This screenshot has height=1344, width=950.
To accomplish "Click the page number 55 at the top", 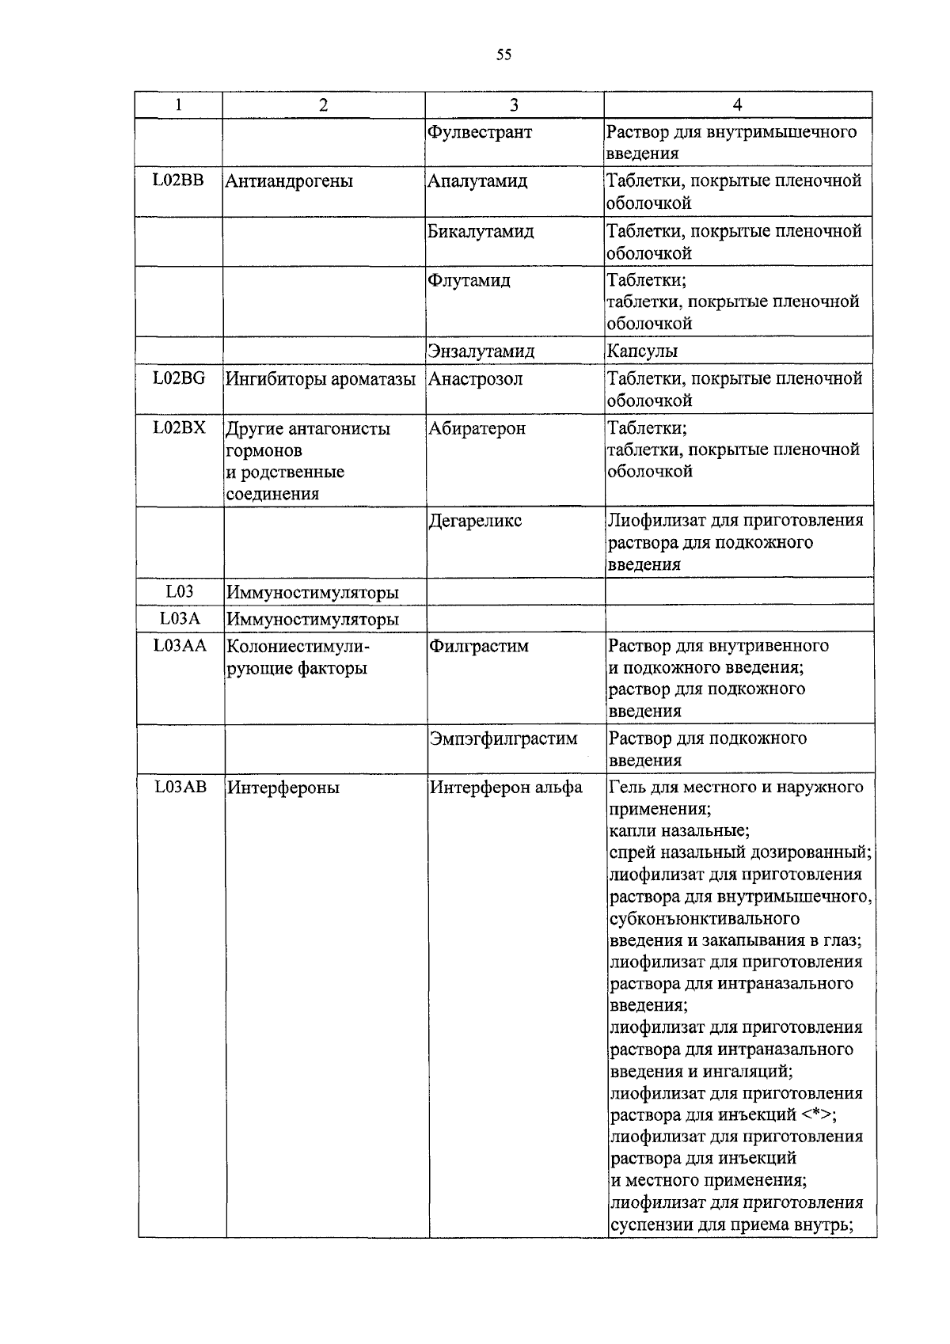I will [503, 55].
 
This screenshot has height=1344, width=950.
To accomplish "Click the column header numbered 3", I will [515, 105].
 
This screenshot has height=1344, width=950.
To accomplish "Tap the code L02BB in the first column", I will [178, 180].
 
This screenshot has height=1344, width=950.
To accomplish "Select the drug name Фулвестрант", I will [480, 132].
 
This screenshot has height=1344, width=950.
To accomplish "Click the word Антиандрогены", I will [289, 181].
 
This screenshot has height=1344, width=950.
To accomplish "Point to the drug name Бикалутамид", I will [481, 232].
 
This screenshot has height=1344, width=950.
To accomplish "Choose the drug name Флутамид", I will [469, 281].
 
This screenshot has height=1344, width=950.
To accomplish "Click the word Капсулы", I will [642, 351].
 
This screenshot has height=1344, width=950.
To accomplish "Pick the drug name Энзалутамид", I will [481, 351].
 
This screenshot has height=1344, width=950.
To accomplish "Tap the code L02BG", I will [179, 378].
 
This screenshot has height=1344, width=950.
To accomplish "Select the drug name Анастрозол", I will [476, 379].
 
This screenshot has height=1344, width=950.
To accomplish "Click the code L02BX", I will [179, 428].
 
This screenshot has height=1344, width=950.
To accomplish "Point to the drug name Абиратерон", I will [477, 429].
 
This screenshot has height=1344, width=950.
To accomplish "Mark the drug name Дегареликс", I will [475, 522].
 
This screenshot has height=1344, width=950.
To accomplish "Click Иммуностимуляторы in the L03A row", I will [313, 619].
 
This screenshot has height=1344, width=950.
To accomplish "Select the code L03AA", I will [180, 646].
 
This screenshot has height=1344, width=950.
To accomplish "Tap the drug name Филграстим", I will [478, 647].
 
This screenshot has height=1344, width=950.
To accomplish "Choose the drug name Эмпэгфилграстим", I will [503, 739].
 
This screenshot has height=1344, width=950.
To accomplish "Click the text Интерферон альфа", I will [506, 788].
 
